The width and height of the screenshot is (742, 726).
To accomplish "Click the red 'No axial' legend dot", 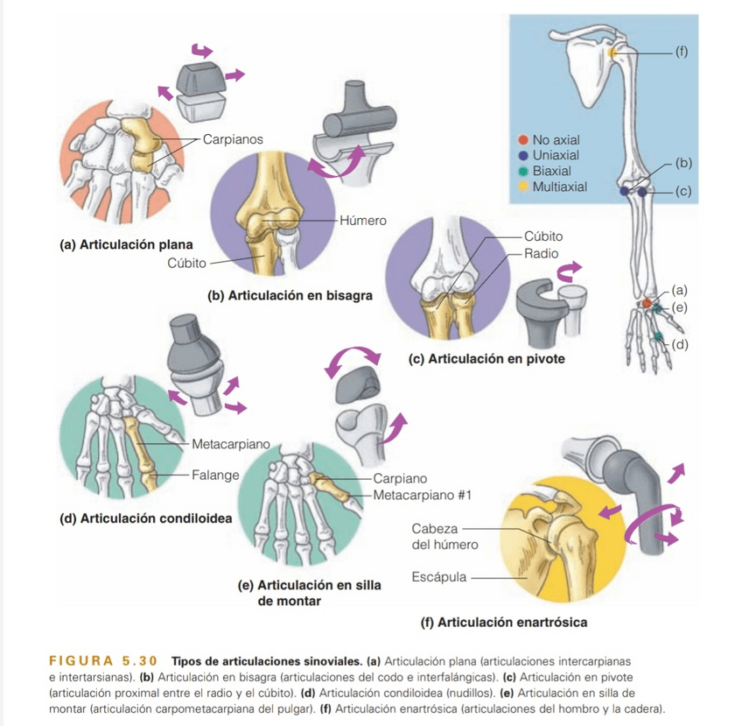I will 523,140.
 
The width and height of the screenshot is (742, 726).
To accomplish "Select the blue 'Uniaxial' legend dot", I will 523,155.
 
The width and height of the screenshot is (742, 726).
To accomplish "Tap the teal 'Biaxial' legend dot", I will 523,171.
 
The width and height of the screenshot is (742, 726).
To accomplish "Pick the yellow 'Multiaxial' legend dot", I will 523,187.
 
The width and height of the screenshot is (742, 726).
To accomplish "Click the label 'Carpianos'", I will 232,138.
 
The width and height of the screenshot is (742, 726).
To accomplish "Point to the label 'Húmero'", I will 361,220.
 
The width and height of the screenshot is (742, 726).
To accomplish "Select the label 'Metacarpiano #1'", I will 423,496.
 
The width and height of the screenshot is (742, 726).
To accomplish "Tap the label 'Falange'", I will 215,475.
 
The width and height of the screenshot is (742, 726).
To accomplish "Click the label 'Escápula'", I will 438,577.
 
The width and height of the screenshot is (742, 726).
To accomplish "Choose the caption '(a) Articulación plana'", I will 126,244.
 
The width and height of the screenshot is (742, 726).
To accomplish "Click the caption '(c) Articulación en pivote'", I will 486,359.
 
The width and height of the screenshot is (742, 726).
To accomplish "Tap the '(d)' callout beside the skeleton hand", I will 681,342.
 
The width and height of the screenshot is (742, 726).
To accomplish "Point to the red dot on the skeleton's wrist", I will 647,303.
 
